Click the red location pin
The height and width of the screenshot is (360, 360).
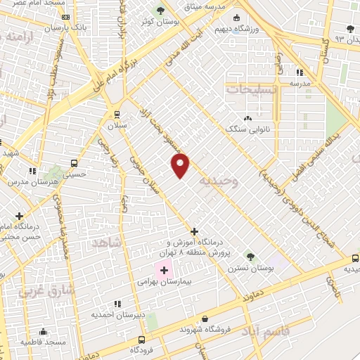(181, 165)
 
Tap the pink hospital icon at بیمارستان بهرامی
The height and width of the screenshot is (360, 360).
(165, 270)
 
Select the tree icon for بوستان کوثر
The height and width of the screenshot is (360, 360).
(160, 11)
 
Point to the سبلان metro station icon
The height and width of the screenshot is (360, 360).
(117, 114)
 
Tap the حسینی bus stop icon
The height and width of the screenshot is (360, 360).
(75, 162)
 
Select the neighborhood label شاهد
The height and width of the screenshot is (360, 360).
(107, 243)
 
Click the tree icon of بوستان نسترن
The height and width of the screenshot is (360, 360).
(250, 257)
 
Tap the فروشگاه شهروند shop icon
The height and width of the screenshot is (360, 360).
(205, 319)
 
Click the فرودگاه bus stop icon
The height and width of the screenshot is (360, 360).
(134, 338)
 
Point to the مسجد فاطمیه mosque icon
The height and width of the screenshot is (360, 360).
(44, 331)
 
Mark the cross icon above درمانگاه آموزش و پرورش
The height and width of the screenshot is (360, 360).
(194, 231)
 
